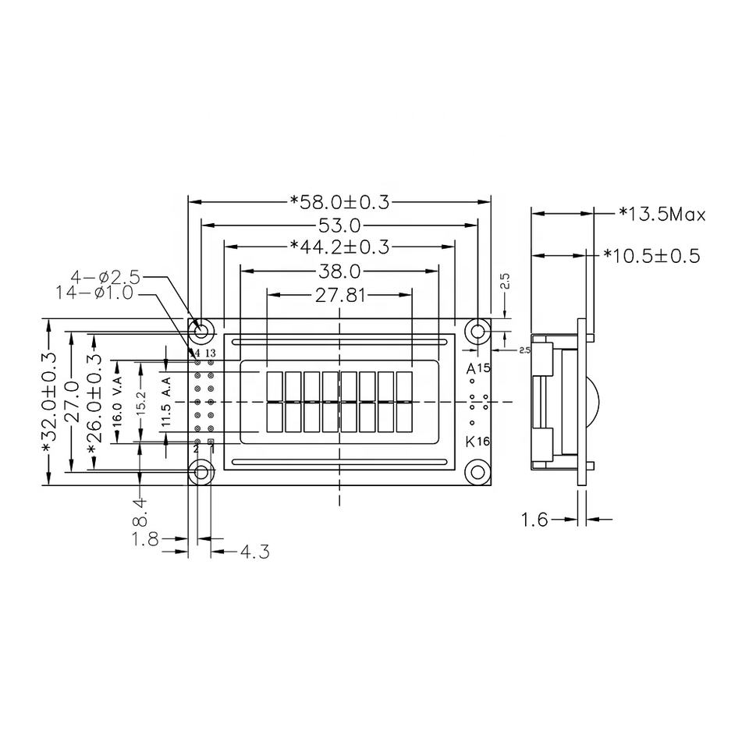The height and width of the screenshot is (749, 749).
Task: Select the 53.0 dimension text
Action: pos(339,225)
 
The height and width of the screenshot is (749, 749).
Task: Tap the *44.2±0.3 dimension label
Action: pos(339,247)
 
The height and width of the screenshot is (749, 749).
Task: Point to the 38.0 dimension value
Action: pos(339,272)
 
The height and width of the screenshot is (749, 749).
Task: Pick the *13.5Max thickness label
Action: pos(662,213)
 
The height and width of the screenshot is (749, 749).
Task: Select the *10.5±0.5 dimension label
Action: pos(651,255)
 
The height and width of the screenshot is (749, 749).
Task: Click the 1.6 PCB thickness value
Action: pos(534,520)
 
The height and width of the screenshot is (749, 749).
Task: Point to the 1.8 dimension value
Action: pos(146,538)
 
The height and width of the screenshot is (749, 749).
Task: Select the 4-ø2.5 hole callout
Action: pos(105,277)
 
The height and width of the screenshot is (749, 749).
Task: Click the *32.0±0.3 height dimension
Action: pos(48,401)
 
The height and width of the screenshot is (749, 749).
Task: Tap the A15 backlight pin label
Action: pos(477,367)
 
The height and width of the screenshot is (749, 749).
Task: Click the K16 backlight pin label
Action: pos(477,442)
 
